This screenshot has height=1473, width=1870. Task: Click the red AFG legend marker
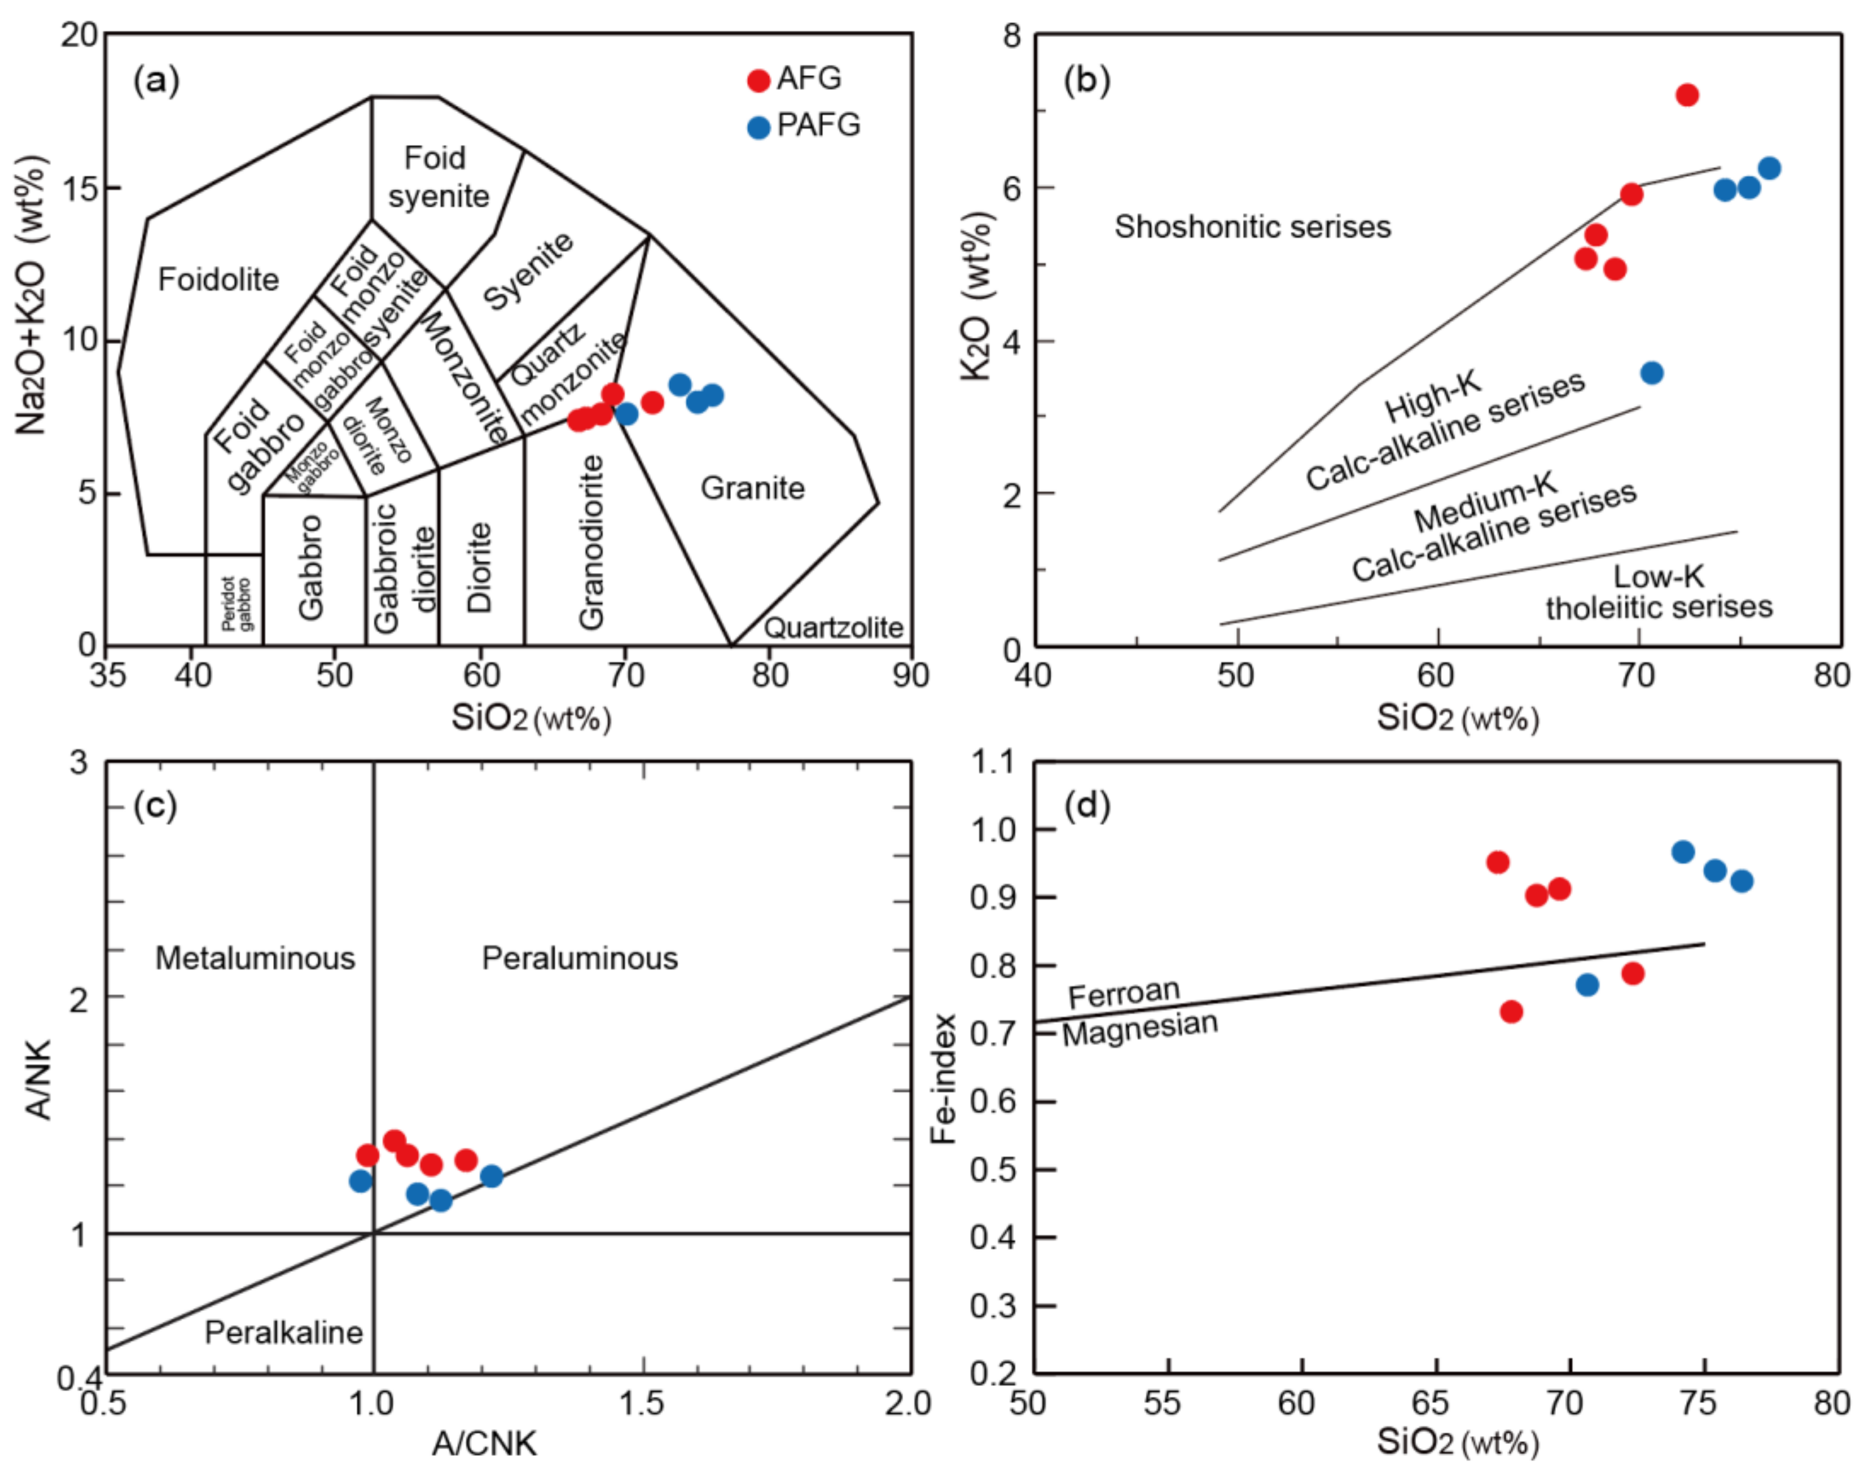coord(758,80)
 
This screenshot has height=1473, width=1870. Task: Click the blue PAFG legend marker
coord(758,128)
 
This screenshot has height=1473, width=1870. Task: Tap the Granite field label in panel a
coord(752,488)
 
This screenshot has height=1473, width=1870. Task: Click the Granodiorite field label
coord(591,542)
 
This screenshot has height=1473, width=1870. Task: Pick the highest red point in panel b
coord(1687,95)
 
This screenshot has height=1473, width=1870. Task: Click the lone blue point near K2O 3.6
coord(1651,373)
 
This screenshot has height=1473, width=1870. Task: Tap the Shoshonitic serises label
coord(1252,227)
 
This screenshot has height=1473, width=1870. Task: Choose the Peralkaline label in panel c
coord(283,1333)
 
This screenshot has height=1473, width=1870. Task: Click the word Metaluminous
coord(255,958)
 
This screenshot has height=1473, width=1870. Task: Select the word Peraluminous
coord(579,958)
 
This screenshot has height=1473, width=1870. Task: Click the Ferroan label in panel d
coord(1124,993)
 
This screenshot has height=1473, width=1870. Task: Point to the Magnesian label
coord(1139,1028)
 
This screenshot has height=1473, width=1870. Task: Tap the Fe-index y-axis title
coord(945,1078)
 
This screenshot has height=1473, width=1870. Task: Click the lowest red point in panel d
coord(1510,1011)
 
